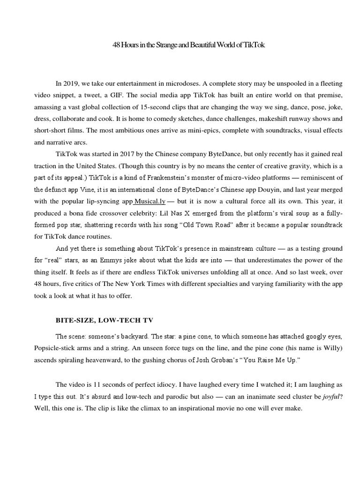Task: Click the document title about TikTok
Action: pos(192,45)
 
